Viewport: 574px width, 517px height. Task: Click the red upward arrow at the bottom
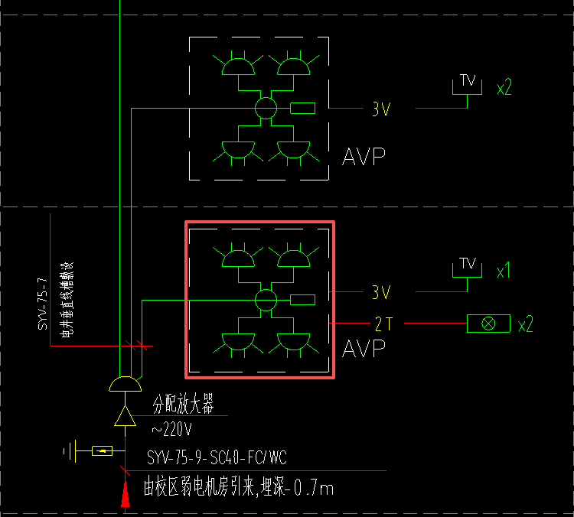click(x=125, y=493)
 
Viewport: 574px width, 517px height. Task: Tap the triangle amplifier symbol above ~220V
click(x=125, y=416)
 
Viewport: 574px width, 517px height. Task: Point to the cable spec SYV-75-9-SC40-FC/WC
click(x=217, y=458)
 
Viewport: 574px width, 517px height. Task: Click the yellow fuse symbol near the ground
click(x=102, y=450)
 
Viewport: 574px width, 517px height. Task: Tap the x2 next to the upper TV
click(x=504, y=87)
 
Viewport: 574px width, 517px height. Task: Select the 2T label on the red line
click(x=383, y=324)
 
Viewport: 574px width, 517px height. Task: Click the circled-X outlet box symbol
click(x=488, y=324)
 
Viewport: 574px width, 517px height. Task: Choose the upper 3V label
click(x=381, y=109)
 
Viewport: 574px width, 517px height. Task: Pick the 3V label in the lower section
click(x=381, y=292)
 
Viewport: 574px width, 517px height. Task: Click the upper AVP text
click(x=364, y=158)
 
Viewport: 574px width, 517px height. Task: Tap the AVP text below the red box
click(x=364, y=350)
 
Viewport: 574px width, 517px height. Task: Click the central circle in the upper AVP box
click(x=266, y=108)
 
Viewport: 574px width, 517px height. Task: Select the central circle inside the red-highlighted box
click(x=266, y=299)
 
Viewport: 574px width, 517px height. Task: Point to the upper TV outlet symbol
click(x=467, y=83)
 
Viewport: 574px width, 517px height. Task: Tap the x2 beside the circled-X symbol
click(x=525, y=324)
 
